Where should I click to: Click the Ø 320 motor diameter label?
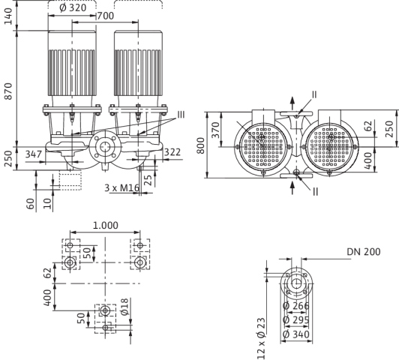[73, 7]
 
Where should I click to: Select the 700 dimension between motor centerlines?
[106, 16]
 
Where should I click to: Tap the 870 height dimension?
[8, 91]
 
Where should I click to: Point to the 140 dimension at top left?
[8, 16]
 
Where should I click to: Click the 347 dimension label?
[34, 154]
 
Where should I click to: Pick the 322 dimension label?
[172, 152]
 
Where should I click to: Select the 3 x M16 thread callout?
[122, 188]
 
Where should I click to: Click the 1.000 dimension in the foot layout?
[105, 226]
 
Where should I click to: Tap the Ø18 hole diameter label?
[125, 307]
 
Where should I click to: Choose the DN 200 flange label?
[364, 252]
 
